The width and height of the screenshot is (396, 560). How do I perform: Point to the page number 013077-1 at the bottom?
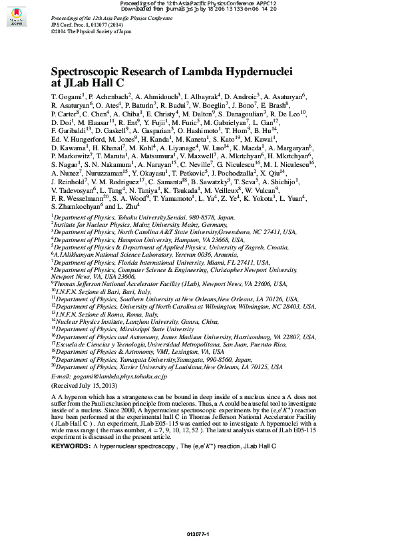click(198, 535)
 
